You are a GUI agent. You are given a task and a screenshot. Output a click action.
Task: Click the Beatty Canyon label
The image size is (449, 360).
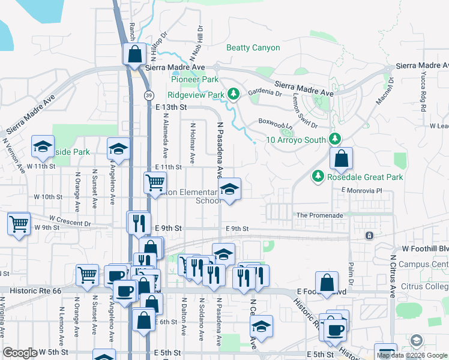[x=253, y=47]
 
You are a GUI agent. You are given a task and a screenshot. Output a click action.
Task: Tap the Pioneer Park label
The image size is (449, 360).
[x=194, y=79]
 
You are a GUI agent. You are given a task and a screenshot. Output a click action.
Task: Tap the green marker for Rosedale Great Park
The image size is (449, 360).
[x=317, y=176]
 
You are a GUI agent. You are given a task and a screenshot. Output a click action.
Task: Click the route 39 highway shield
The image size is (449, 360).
[x=147, y=95]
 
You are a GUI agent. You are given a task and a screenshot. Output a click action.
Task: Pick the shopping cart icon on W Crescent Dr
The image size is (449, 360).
[x=19, y=224]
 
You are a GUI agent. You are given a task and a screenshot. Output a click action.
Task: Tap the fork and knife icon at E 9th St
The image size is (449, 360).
[x=138, y=223]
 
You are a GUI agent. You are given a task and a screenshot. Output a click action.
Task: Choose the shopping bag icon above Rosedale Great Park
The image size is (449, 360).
[x=341, y=158]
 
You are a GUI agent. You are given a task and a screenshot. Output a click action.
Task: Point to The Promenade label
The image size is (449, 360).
[x=319, y=215]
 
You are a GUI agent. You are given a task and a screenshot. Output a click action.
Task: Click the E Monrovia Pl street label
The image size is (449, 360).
[x=361, y=190]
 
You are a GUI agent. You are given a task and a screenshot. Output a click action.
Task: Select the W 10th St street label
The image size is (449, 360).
[x=48, y=197]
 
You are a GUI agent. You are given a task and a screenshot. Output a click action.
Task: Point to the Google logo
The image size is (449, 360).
[x=20, y=353]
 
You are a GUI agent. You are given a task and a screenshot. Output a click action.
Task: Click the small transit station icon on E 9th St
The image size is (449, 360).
[x=369, y=235]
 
